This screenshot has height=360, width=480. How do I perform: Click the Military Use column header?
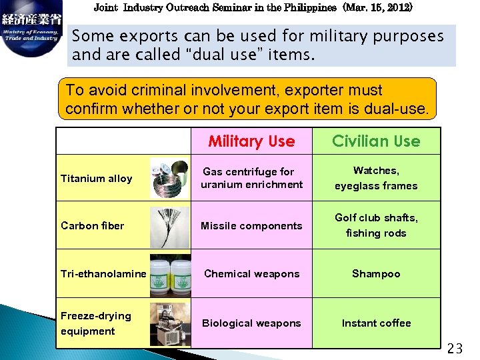pyautogui.click(x=251, y=141)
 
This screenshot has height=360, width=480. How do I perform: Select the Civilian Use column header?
pyautogui.click(x=376, y=141)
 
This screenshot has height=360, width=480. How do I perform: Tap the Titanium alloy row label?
pyautogui.click(x=96, y=179)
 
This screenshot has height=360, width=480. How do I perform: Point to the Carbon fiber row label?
pyautogui.click(x=92, y=225)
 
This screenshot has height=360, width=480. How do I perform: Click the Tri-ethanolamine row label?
pyautogui.click(x=103, y=274)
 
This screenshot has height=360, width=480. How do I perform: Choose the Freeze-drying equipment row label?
pyautogui.click(x=96, y=323)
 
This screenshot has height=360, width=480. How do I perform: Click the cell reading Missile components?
pyautogui.click(x=251, y=226)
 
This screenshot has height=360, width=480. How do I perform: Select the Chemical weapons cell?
pyautogui.click(x=251, y=274)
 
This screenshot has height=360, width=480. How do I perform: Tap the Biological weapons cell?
pyautogui.click(x=251, y=323)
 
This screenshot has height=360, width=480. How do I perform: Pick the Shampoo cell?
pyautogui.click(x=376, y=274)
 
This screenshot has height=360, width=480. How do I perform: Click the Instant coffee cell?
pyautogui.click(x=376, y=323)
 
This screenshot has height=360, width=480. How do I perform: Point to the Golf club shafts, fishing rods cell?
pyautogui.click(x=376, y=225)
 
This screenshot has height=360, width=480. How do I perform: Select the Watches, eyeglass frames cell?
pyautogui.click(x=376, y=178)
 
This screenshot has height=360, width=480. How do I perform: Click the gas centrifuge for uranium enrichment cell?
pyautogui.click(x=251, y=178)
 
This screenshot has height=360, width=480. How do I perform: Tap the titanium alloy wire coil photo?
pyautogui.click(x=170, y=179)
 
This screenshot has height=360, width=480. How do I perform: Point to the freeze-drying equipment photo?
pyautogui.click(x=170, y=324)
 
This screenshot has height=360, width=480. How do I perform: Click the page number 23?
pyautogui.click(x=455, y=348)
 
